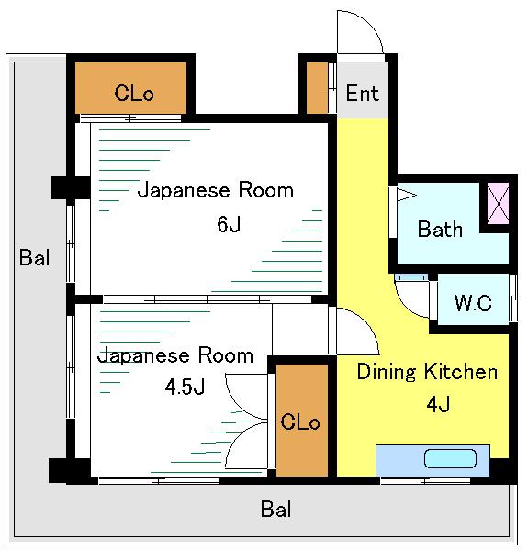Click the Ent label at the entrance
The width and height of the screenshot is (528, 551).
click(x=362, y=93)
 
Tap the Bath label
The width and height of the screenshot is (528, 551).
click(x=440, y=229)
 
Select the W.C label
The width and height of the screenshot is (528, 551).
click(x=473, y=302)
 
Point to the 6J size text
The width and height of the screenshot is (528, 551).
click(x=229, y=224)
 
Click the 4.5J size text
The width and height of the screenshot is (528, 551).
click(x=185, y=387)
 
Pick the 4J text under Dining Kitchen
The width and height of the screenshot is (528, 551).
click(x=438, y=404)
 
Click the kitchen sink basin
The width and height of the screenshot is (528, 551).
click(x=450, y=458)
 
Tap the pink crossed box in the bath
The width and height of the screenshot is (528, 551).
click(x=498, y=203)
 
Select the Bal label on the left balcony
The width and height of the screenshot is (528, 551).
click(x=34, y=257)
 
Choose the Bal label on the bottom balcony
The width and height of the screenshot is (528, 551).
click(x=275, y=509)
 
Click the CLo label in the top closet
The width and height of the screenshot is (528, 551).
click(x=134, y=93)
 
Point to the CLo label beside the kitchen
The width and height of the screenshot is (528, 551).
click(x=300, y=422)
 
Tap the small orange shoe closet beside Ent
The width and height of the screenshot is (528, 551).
click(x=317, y=88)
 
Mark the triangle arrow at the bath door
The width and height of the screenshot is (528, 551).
click(x=406, y=195)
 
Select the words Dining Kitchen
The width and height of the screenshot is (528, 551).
click(x=427, y=372)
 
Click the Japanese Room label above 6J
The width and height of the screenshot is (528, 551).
click(x=216, y=190)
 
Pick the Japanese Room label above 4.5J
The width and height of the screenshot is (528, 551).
click(x=175, y=355)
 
